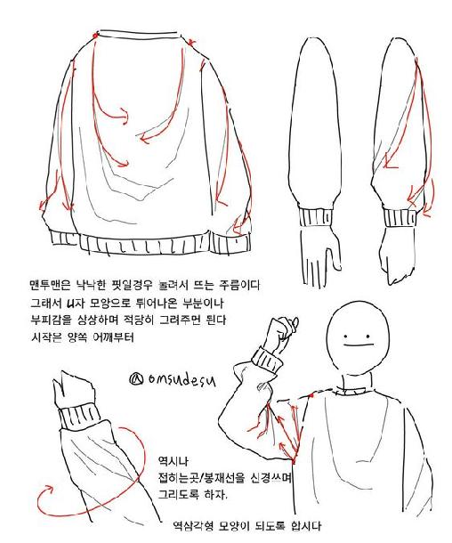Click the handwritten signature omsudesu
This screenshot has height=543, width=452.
[173, 379]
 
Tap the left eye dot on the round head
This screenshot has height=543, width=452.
[345, 336]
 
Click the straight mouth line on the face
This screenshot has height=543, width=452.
[358, 344]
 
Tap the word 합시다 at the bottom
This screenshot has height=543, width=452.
[306, 526]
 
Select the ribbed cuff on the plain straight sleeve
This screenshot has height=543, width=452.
[315, 217]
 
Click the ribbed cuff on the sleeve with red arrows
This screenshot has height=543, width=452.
[399, 217]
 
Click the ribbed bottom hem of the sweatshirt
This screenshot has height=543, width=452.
[149, 244]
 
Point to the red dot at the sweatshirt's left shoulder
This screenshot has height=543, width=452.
[95, 36]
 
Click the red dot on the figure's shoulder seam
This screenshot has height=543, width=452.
[311, 394]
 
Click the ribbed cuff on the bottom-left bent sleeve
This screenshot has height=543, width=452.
[80, 418]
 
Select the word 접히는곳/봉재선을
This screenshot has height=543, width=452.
[202, 478]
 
